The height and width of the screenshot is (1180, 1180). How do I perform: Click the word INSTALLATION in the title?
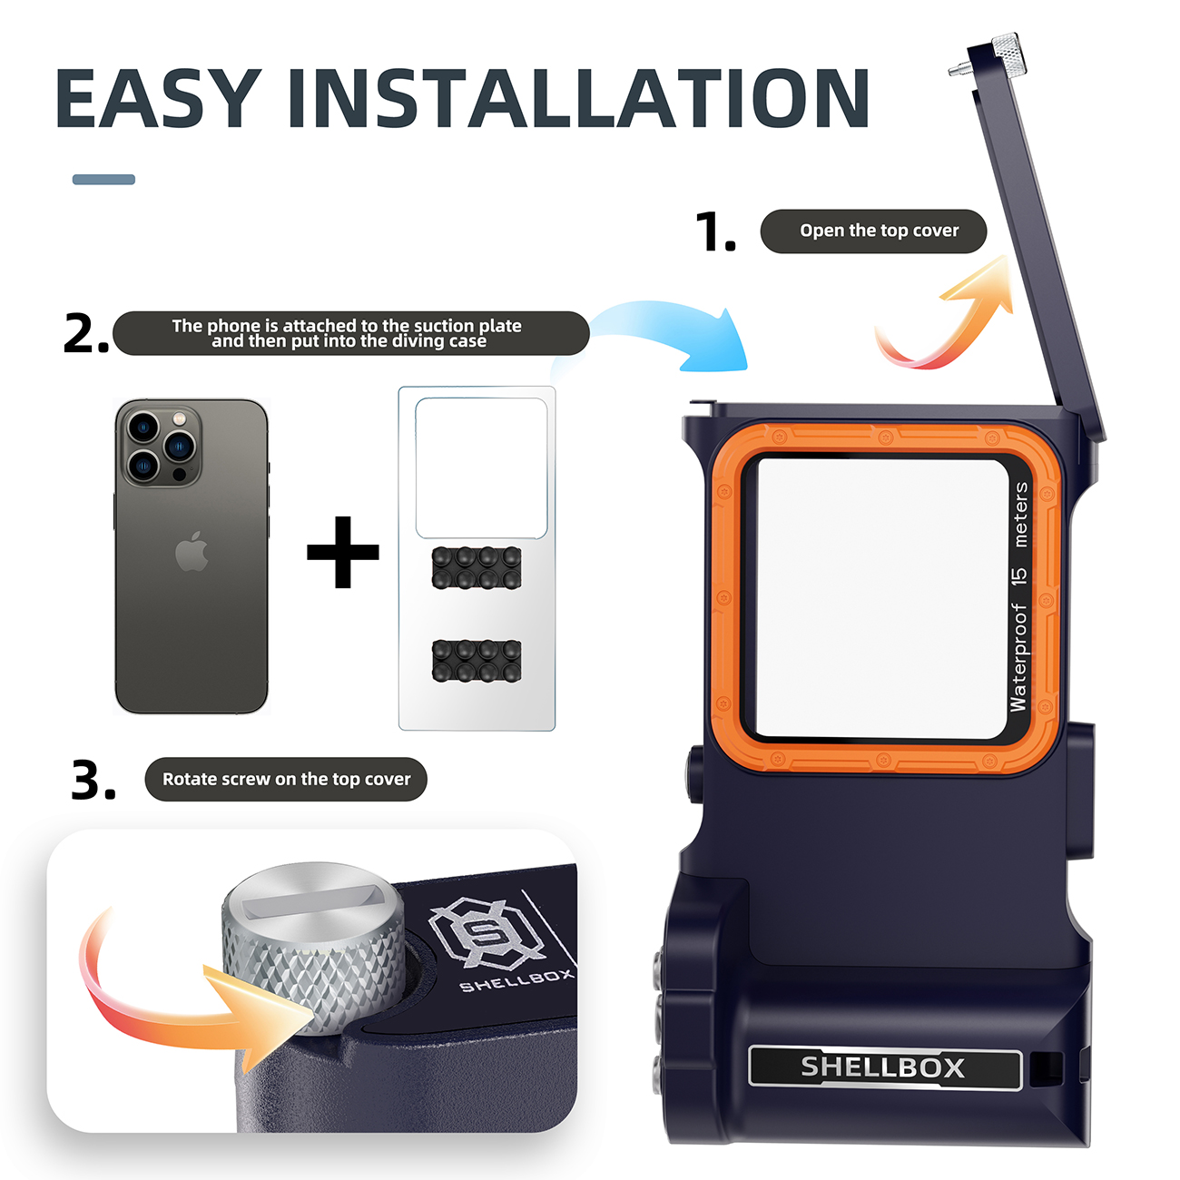[x=579, y=98]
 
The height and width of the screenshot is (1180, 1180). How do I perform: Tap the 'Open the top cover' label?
[x=873, y=231]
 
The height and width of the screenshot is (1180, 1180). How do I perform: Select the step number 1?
[x=715, y=232]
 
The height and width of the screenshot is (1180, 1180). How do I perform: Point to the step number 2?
[x=85, y=334]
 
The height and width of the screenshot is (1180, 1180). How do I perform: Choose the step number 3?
[x=93, y=780]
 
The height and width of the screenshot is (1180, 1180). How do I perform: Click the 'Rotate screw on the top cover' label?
[x=286, y=779]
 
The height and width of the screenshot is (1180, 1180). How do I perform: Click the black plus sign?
[x=343, y=552]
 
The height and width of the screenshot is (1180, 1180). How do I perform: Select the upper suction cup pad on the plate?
[x=477, y=567]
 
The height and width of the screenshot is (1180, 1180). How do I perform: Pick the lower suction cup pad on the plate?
[x=477, y=661]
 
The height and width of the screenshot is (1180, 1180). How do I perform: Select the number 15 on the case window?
[x=1019, y=575]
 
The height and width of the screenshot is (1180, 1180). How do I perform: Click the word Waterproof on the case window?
[x=1018, y=658]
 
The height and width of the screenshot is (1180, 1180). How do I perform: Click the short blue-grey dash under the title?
[x=103, y=180]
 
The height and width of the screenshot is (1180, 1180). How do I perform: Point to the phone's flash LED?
[x=179, y=418]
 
